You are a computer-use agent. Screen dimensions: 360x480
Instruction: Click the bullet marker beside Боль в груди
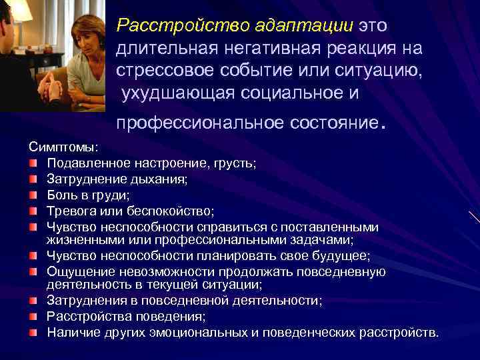click(x=33, y=195)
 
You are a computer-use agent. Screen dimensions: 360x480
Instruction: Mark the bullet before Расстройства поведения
click(x=33, y=316)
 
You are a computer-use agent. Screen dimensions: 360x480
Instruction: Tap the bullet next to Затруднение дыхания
click(x=33, y=179)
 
